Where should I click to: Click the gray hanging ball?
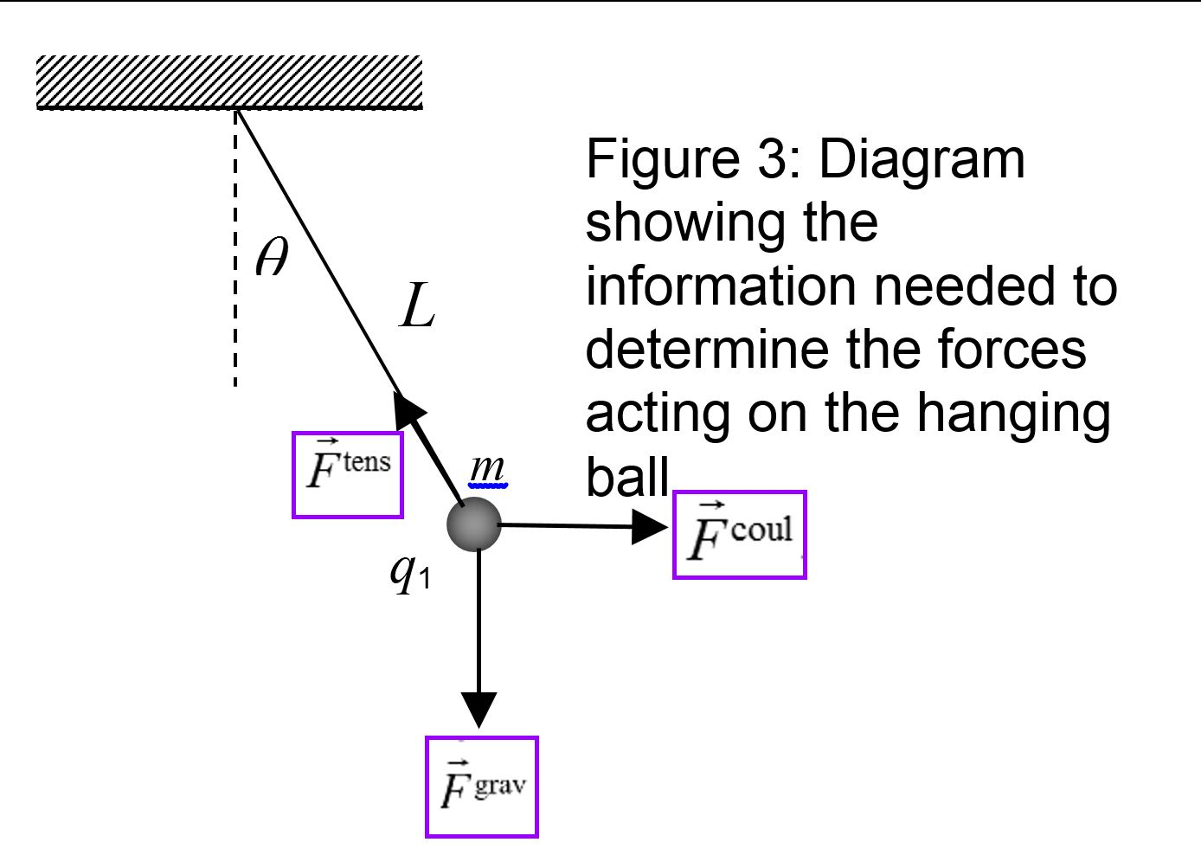click(x=474, y=524)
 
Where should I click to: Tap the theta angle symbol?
click(x=272, y=257)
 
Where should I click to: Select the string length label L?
click(x=417, y=306)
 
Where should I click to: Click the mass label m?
click(x=487, y=468)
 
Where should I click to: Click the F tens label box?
click(x=348, y=474)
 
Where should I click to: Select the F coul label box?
click(x=739, y=535)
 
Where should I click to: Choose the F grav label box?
click(x=482, y=787)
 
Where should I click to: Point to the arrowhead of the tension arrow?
click(x=408, y=410)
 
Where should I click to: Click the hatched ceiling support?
click(x=229, y=82)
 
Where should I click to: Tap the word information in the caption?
click(x=723, y=286)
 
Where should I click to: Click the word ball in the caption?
click(x=627, y=475)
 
